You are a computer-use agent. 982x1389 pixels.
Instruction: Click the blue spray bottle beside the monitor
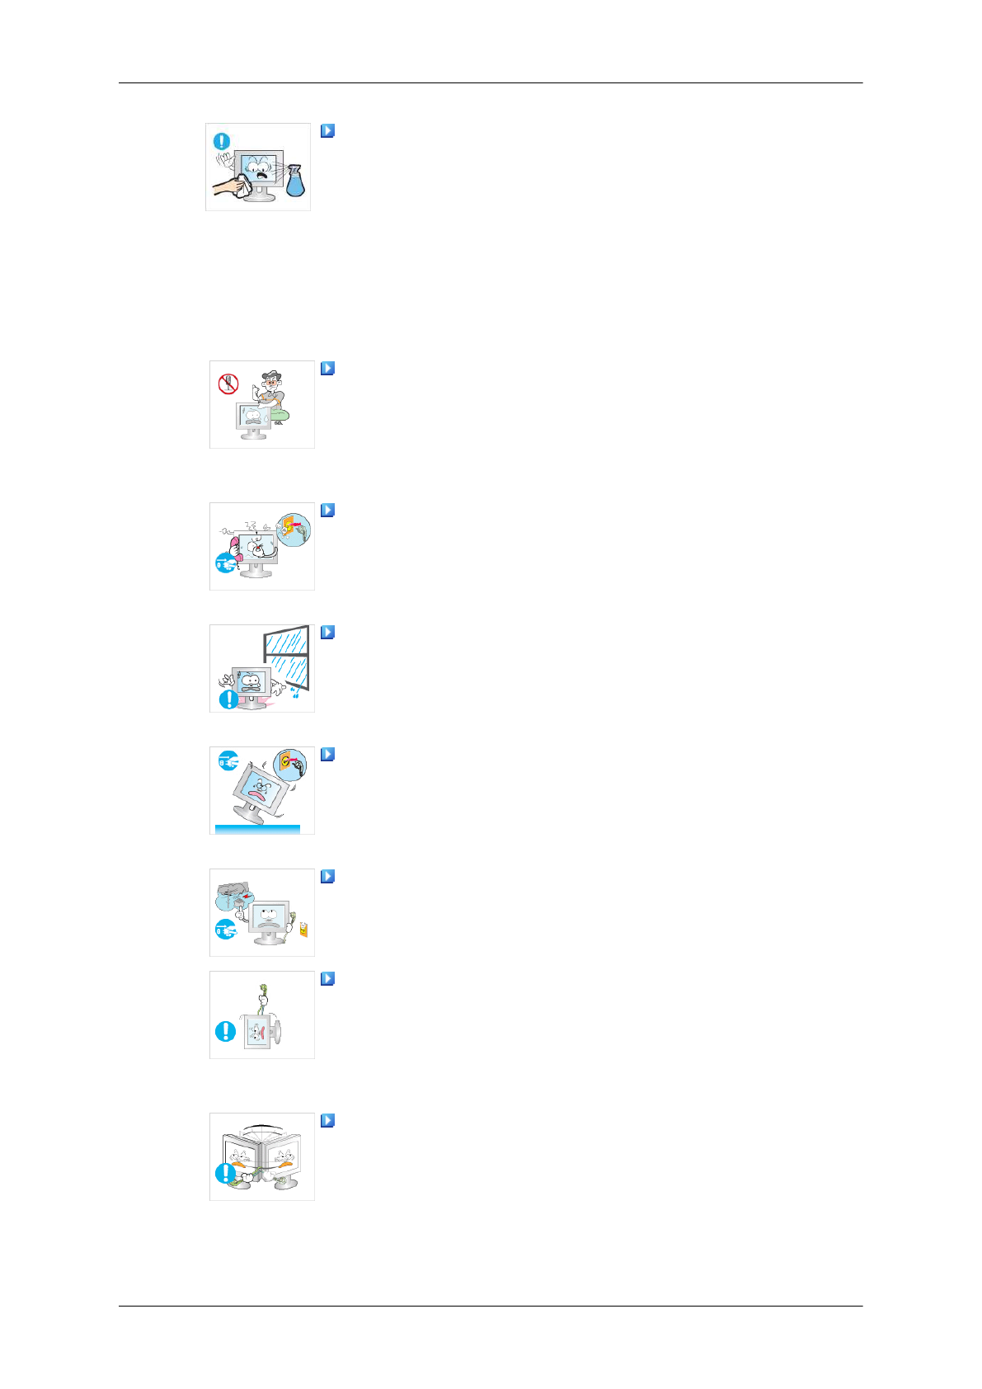coord(295,182)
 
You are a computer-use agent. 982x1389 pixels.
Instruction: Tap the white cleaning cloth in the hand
coord(241,186)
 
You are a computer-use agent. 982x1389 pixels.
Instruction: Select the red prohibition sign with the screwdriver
coord(228,384)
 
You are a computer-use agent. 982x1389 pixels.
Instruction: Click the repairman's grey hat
coord(270,375)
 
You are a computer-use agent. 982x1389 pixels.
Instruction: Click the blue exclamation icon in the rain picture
coord(228,699)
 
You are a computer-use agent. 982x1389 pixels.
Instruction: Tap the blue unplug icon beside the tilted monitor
coord(228,760)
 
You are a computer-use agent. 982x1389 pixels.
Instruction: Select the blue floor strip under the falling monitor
coord(257,829)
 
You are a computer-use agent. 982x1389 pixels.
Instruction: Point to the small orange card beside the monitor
coord(303,929)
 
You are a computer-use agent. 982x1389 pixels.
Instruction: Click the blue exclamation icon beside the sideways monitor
coord(225,1031)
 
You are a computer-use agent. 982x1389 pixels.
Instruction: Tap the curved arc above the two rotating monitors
coord(263,1124)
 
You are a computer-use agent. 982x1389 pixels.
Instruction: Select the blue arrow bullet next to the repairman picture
coord(327,369)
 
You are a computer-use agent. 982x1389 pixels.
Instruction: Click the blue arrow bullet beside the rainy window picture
coord(327,633)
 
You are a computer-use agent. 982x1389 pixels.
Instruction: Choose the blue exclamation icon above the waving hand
coord(222,141)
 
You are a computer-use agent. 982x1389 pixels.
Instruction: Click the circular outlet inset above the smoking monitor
coord(294,529)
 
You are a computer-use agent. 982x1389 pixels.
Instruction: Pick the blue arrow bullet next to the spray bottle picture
coord(327,130)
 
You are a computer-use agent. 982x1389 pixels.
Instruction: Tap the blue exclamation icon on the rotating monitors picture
coord(224,1172)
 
